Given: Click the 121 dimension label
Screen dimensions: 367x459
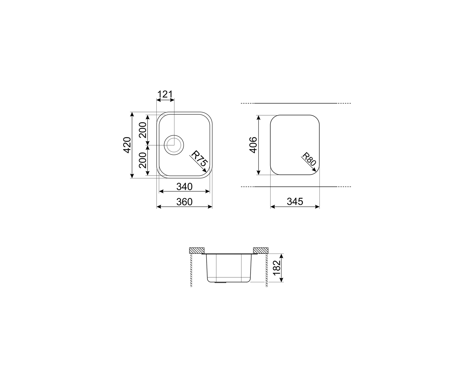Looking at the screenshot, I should pos(165,94).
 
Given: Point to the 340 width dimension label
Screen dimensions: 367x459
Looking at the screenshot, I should pos(185,186).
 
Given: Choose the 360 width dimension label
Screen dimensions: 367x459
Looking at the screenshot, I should pos(185,202).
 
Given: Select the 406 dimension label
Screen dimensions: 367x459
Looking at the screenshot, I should pos(254,145).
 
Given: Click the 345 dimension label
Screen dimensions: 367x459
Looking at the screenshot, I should pos(295,202).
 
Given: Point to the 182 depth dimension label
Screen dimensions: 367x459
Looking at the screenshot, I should pos(276,268).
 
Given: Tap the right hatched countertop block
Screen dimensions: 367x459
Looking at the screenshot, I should pos(260,250).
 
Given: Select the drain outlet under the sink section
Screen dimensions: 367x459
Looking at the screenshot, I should pos(219,283).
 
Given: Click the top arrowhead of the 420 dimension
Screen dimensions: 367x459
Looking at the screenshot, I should pos(132,113).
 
